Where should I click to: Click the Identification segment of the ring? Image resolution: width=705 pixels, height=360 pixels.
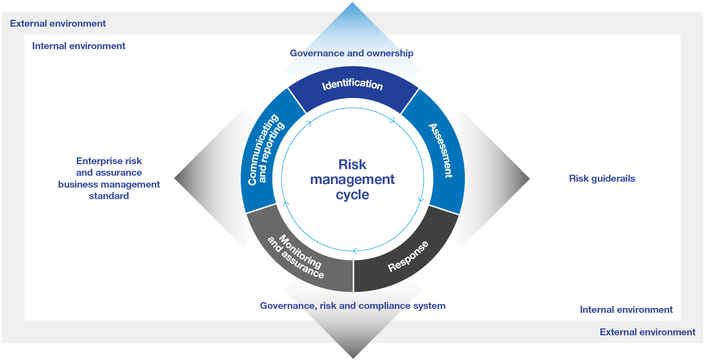(x=352, y=85)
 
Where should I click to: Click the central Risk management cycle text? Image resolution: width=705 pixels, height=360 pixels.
(x=352, y=179)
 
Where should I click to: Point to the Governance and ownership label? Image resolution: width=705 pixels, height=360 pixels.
(x=351, y=53)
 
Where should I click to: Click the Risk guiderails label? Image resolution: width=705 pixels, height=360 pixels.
(x=602, y=178)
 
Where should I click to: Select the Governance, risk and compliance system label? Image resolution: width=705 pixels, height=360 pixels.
(x=353, y=306)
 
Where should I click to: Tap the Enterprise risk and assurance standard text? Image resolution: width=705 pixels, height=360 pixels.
(x=109, y=178)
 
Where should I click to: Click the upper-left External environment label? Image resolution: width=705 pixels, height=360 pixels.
(x=58, y=23)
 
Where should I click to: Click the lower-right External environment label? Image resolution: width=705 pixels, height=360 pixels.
(x=647, y=332)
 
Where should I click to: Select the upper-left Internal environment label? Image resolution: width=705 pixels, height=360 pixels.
(x=78, y=46)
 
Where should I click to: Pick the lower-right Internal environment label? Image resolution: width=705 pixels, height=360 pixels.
(x=626, y=310)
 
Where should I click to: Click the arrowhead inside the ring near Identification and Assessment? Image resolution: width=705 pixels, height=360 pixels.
(x=392, y=120)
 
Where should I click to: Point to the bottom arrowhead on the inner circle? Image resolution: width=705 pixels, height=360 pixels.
(x=355, y=251)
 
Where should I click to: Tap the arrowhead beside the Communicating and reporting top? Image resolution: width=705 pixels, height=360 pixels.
(x=309, y=123)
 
